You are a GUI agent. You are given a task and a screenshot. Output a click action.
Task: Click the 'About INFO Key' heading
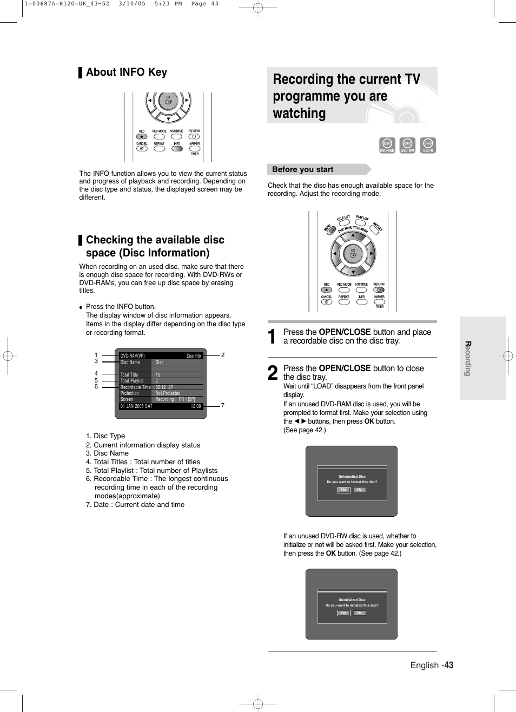tap(126, 72)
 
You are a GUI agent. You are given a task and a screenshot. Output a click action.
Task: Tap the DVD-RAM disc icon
tap(387, 145)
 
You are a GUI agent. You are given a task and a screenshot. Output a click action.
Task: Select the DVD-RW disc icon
tap(407, 145)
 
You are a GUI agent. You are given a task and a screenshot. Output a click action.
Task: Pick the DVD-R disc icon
tap(428, 145)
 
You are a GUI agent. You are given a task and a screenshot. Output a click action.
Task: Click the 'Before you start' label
tap(302, 169)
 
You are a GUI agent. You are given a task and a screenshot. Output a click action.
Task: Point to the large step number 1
tap(273, 337)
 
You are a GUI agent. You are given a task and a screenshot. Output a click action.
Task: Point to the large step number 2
tap(273, 373)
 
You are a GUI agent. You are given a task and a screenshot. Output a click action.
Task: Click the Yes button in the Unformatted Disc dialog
tap(343, 490)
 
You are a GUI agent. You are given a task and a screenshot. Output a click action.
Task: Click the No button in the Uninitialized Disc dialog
tap(359, 613)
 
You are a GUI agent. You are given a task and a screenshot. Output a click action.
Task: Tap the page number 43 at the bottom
tap(448, 665)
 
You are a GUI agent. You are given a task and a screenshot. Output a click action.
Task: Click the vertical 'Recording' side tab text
tap(468, 358)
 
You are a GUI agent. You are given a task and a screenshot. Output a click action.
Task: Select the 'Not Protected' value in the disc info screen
tap(168, 393)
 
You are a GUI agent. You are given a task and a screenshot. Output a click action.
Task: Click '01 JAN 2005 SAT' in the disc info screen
tap(136, 406)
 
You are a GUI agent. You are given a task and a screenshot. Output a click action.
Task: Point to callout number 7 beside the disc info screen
tap(222, 405)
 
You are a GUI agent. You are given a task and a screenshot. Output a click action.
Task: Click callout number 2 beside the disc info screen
tap(222, 355)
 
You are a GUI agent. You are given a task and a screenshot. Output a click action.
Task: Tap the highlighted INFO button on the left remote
tap(177, 149)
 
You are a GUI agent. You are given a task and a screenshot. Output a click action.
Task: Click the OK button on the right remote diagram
tap(353, 253)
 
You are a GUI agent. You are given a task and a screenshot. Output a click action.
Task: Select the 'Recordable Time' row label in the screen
tap(135, 387)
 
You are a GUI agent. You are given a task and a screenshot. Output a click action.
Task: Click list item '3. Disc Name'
tap(107, 453)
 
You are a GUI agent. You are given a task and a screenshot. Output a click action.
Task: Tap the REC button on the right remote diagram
tap(326, 290)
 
